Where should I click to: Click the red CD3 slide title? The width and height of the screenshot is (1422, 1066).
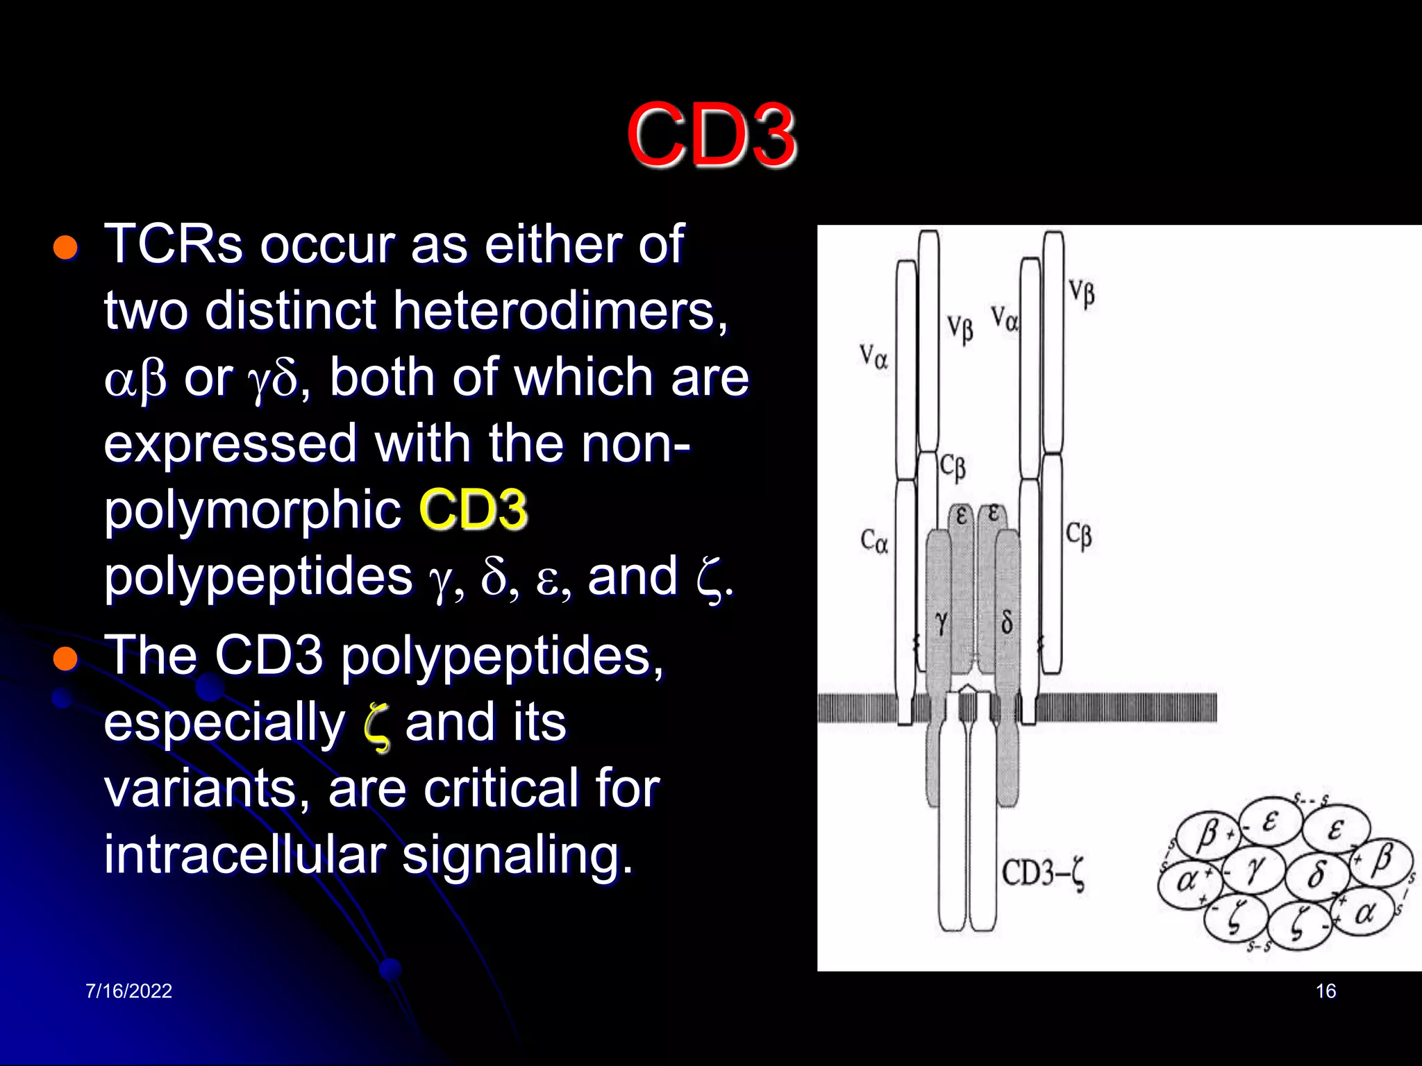[711, 135]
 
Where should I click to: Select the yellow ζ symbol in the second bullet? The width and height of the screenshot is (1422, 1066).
[376, 726]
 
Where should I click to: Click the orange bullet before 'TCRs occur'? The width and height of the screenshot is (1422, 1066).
[65, 247]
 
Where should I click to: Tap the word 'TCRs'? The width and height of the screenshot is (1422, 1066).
[174, 244]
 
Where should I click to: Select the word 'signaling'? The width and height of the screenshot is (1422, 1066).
[517, 855]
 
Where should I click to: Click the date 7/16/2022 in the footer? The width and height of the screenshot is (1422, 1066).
[128, 991]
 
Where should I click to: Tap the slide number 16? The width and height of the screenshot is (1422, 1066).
[1325, 991]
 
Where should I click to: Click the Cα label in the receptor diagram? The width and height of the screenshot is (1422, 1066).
[874, 541]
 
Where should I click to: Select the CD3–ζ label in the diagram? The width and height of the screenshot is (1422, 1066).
[1044, 874]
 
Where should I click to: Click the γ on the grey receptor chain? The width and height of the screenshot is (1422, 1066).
[941, 623]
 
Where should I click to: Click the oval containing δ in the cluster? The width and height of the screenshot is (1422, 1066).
[1316, 874]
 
